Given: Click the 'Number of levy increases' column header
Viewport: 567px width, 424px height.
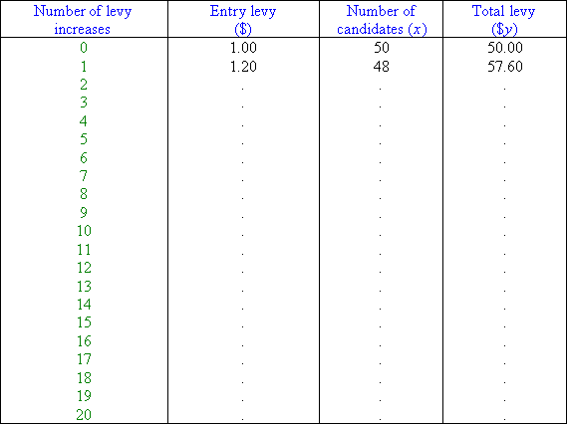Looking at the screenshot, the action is click(x=83, y=20).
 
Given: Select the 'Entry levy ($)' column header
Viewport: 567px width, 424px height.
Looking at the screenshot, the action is click(x=243, y=20).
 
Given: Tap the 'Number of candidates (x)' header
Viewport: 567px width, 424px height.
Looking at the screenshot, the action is click(x=381, y=20).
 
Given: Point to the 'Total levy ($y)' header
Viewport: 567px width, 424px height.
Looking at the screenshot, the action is click(x=504, y=20).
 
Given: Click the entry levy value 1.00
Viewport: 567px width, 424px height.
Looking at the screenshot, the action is click(x=243, y=48).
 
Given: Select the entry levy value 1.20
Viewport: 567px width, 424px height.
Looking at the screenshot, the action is click(x=243, y=67).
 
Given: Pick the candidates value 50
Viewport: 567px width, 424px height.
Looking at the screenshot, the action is click(x=382, y=48).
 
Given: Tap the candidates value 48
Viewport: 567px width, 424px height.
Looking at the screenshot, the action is click(x=382, y=67).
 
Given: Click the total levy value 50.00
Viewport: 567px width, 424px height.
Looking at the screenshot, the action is click(x=505, y=48).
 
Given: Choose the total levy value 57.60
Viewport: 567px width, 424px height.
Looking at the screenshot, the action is click(x=505, y=67).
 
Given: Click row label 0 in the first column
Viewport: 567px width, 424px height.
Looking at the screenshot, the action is click(x=84, y=48).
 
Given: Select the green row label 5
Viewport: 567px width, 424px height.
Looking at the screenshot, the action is click(x=84, y=139).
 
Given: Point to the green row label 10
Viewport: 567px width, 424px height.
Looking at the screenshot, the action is click(x=84, y=231).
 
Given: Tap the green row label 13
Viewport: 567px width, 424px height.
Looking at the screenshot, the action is click(x=84, y=286).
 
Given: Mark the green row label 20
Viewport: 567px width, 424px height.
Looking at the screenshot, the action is click(x=84, y=414).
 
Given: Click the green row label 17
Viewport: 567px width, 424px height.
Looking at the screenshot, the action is click(x=84, y=359).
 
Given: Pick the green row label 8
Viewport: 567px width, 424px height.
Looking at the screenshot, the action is click(x=84, y=194).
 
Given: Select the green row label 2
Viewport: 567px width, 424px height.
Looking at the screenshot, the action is click(x=84, y=85).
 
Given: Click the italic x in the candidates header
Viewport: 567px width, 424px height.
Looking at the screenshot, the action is click(x=418, y=30).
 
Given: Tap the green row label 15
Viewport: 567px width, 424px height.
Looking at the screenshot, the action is click(x=84, y=322).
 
